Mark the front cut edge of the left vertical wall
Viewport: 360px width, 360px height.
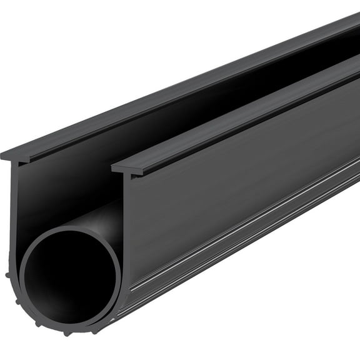coord(15,206)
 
